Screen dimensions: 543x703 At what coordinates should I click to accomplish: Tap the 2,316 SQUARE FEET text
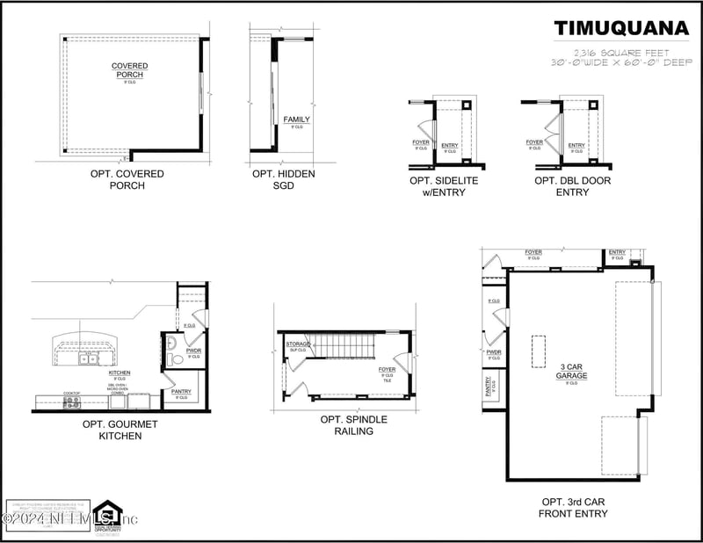621,52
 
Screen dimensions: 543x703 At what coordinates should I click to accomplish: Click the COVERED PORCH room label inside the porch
129,70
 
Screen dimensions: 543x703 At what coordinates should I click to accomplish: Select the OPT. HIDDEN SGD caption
283,179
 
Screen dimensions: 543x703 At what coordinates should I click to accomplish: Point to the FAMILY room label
296,120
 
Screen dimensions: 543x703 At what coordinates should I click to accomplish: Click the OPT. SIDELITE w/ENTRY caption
437,186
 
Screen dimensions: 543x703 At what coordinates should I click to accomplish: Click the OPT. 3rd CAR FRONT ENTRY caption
571,507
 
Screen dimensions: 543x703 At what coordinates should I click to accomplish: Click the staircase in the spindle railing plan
346,345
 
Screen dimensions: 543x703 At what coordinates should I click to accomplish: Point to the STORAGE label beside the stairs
298,344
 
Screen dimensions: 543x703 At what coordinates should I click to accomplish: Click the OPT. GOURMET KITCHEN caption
112,430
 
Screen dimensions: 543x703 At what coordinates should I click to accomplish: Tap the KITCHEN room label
120,373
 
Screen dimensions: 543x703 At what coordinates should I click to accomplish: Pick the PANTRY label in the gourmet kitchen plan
181,391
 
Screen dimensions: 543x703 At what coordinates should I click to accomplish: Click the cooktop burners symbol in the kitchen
71,402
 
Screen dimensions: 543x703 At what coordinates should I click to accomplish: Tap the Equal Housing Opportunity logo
107,516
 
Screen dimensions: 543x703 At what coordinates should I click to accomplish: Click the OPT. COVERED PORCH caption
127,179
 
